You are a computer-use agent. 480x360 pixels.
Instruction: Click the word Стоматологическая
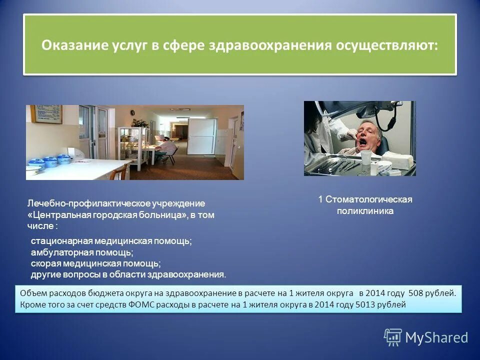[369, 199]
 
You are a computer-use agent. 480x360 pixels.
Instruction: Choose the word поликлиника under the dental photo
[364, 211]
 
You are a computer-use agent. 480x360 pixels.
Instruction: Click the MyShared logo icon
[393, 337]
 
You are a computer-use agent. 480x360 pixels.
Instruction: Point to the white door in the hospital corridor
[205, 136]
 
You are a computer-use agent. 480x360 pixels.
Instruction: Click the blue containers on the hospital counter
[50, 161]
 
